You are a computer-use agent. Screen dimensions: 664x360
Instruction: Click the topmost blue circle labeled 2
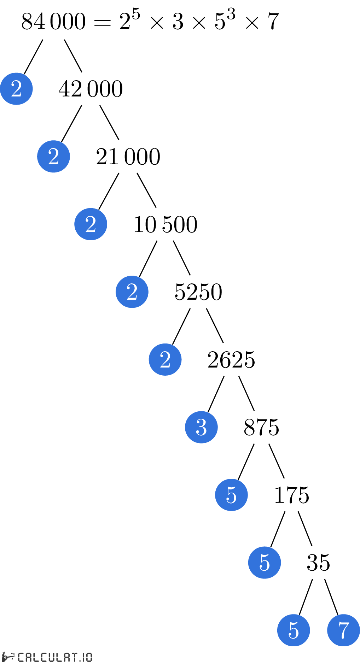tap(16, 89)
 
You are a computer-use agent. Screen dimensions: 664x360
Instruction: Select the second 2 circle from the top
tap(53, 157)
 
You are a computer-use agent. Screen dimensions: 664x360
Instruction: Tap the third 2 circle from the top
tap(91, 224)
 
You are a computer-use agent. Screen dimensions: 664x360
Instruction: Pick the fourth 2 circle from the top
tap(132, 292)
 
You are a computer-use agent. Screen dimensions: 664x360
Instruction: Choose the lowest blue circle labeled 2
tap(165, 359)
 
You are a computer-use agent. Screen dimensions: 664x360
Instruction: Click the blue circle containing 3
tap(201, 427)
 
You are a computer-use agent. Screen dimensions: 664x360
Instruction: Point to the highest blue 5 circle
tap(231, 495)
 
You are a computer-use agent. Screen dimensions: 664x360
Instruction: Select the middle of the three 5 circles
tap(265, 563)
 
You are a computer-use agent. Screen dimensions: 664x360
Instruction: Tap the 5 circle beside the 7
tap(294, 630)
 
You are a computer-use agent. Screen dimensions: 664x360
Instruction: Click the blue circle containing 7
tap(343, 630)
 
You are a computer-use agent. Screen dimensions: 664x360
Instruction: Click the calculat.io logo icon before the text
tap(8, 657)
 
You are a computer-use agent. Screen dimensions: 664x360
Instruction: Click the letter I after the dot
tap(84, 657)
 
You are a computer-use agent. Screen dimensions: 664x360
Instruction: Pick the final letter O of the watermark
tap(89, 657)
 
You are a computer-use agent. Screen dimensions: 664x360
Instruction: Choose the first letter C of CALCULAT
tap(21, 657)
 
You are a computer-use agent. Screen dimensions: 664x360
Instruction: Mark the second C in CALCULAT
tap(44, 657)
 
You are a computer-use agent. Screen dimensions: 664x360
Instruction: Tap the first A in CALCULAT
tap(28, 657)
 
